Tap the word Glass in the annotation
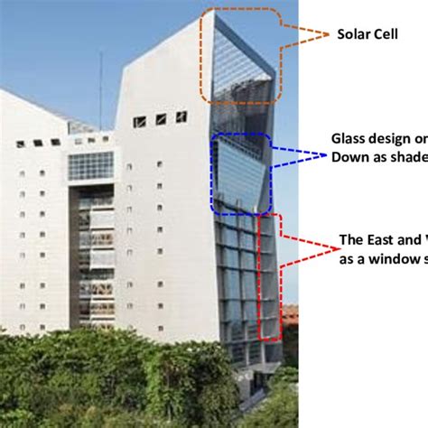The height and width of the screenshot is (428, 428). (x=348, y=139)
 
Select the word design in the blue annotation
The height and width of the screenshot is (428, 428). (x=389, y=139)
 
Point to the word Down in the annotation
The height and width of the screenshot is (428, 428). (x=347, y=155)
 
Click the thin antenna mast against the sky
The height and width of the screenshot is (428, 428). (x=100, y=90)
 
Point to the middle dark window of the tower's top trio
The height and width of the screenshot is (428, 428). (x=160, y=119)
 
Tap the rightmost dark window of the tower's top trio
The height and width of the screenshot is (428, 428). (x=181, y=116)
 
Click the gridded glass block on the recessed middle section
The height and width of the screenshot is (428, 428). (x=91, y=165)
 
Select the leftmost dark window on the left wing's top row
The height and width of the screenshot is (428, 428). (x=19, y=144)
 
